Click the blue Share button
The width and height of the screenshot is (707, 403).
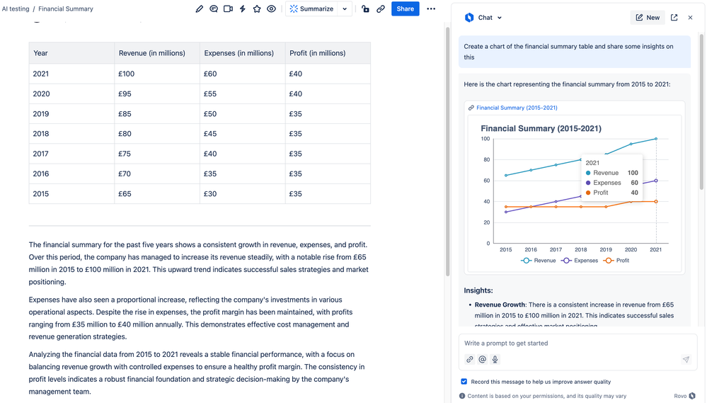tap(405, 9)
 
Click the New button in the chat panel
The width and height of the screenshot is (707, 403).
tap(648, 18)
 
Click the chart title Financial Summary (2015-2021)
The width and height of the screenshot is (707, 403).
tap(541, 128)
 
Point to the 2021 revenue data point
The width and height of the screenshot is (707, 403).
tap(656, 139)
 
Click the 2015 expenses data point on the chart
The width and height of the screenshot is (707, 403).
tap(506, 212)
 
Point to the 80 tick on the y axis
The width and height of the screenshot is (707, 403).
tap(485, 159)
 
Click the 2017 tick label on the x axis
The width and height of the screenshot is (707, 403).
tap(556, 250)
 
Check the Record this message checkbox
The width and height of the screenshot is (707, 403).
tap(464, 382)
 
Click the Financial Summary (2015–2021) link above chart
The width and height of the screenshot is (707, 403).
tap(517, 108)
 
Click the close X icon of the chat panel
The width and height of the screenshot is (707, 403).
tap(691, 18)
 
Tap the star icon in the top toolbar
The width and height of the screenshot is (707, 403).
tap(257, 9)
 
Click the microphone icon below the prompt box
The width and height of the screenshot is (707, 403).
tap(495, 359)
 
